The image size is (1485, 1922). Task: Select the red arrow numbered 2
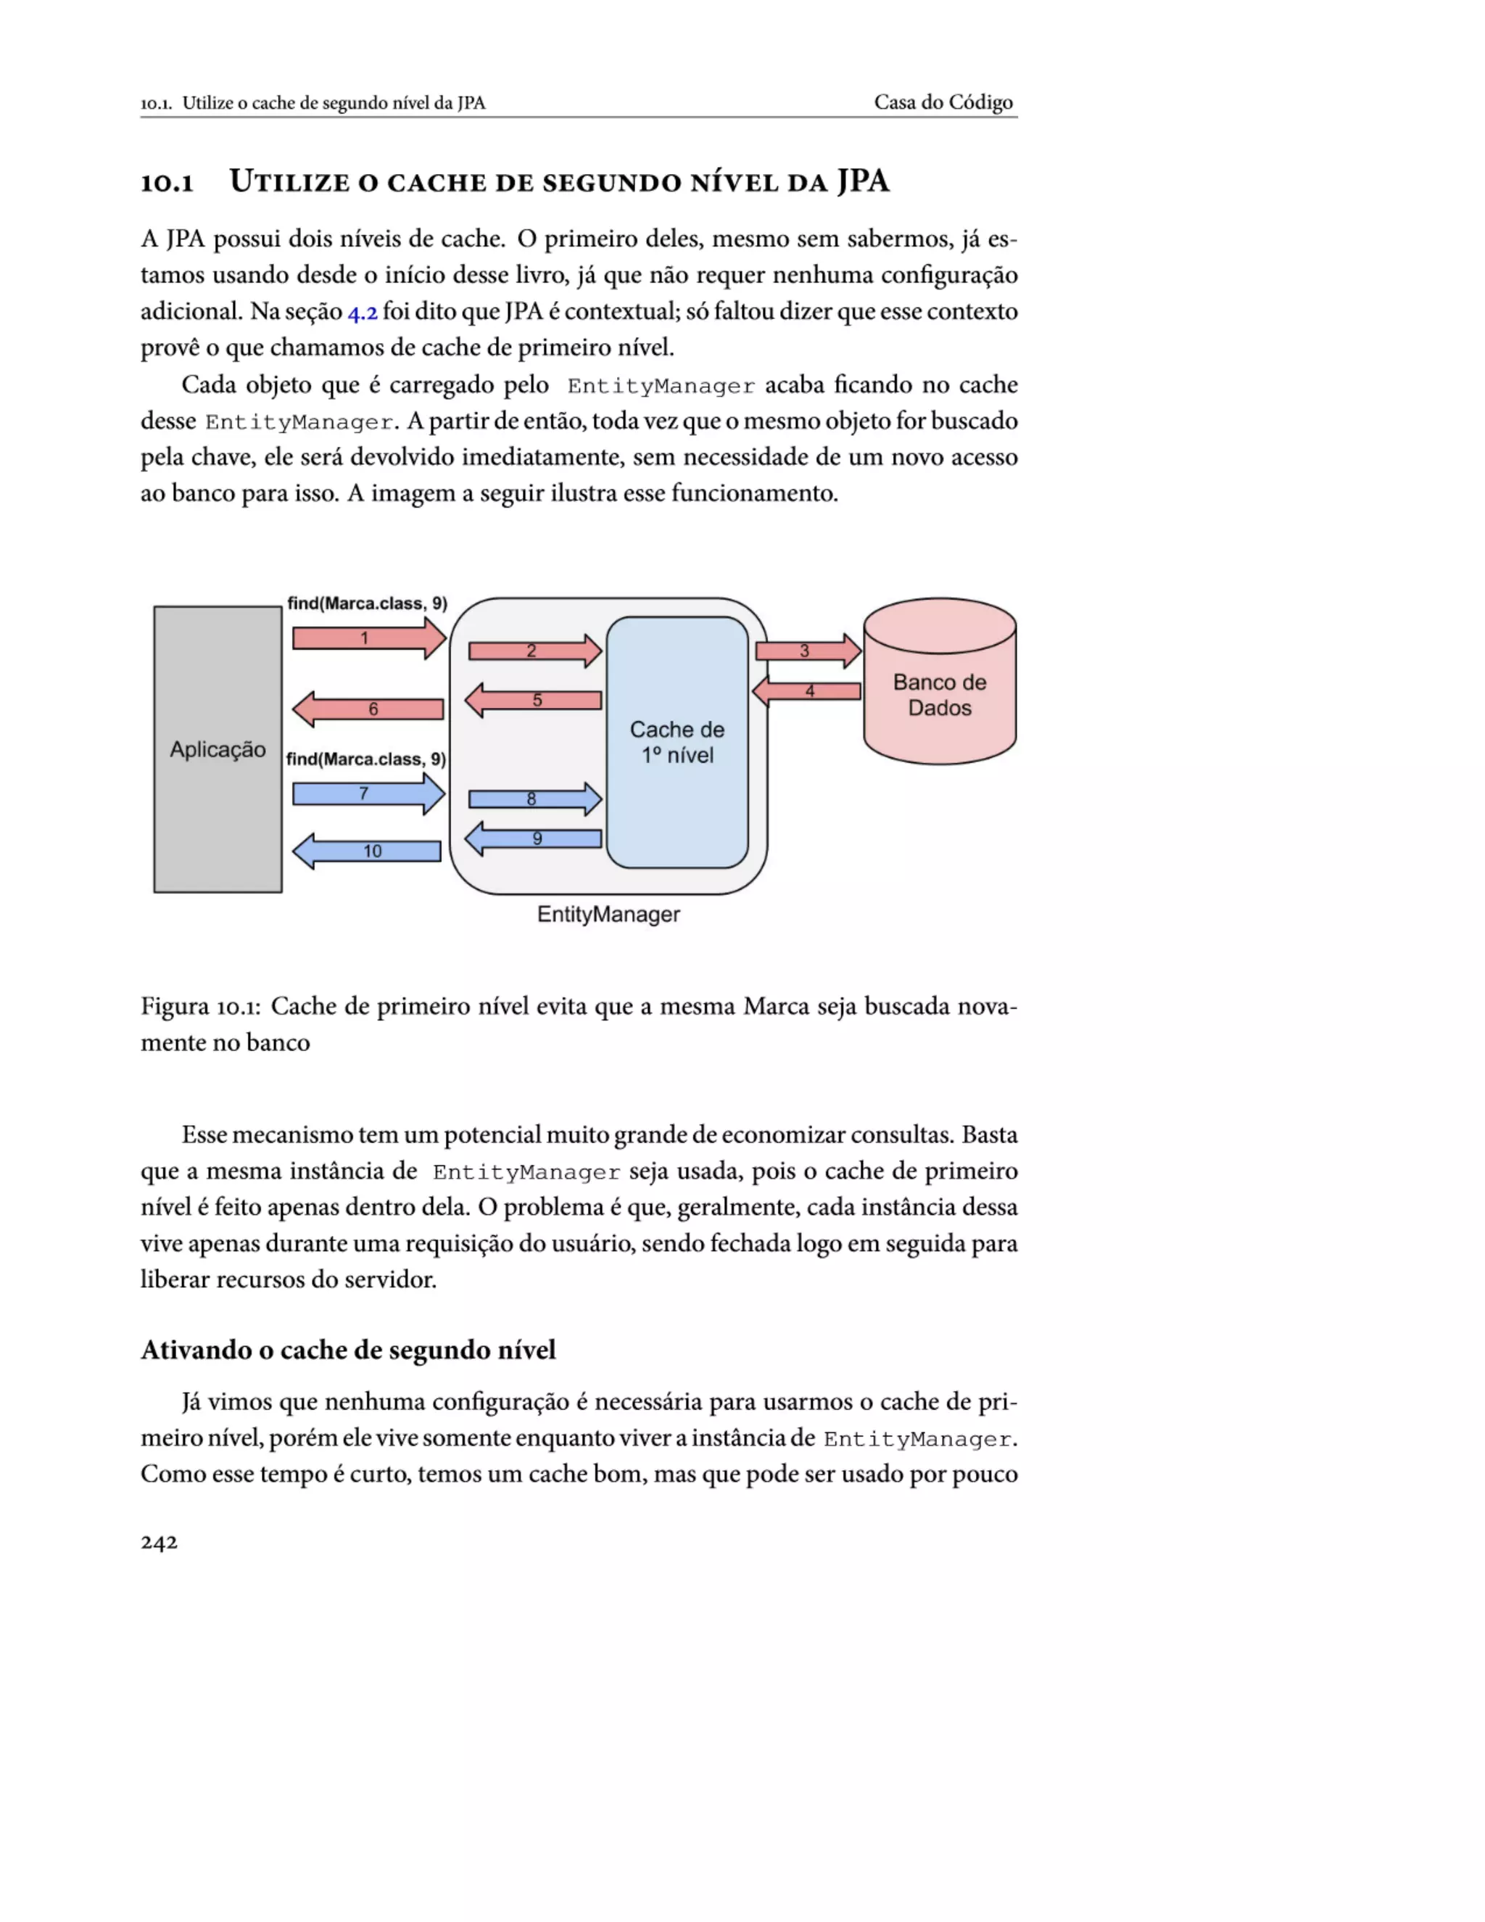pyautogui.click(x=533, y=651)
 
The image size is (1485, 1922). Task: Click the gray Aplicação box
pyautogui.click(x=218, y=749)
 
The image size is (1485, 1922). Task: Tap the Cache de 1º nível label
pyautogui.click(x=677, y=742)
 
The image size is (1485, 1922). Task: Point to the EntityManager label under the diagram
pyautogui.click(x=608, y=915)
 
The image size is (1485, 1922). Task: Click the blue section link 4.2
pyautogui.click(x=363, y=313)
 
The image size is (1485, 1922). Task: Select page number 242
pyautogui.click(x=160, y=1542)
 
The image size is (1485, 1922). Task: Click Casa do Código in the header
pyautogui.click(x=943, y=102)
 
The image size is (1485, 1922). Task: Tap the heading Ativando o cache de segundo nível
pyautogui.click(x=348, y=1350)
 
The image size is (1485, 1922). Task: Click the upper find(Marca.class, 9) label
pyautogui.click(x=367, y=603)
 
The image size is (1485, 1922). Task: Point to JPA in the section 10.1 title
pyautogui.click(x=862, y=181)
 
